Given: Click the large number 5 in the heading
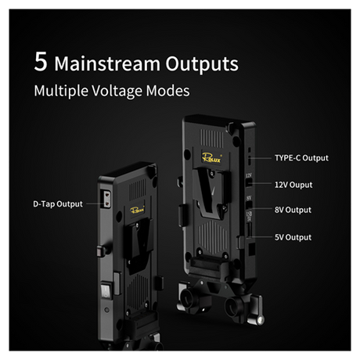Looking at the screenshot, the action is point(41,62).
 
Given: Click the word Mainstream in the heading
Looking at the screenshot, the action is point(107,63).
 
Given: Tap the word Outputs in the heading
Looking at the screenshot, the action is point(202,63).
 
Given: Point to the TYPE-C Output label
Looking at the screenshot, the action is point(301,158).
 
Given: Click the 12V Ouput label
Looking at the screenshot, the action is point(293,185).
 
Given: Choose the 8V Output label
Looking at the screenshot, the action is point(293,210).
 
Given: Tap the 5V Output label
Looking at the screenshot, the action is point(293,237).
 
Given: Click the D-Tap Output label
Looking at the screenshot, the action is point(58,204).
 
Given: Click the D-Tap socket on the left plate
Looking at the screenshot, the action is point(106,200).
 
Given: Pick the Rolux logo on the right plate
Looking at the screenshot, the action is point(211,157).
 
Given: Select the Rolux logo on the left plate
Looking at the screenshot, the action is point(138,210).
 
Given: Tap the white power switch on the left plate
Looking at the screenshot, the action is point(106,290).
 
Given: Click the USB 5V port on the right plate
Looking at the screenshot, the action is point(250,230).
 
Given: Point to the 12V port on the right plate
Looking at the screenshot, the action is point(249,182).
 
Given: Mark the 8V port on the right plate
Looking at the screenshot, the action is point(249,205).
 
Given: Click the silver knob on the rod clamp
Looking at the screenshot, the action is point(260,320).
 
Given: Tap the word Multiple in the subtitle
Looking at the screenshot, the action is point(61,91).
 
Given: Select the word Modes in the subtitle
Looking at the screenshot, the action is point(168,91).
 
